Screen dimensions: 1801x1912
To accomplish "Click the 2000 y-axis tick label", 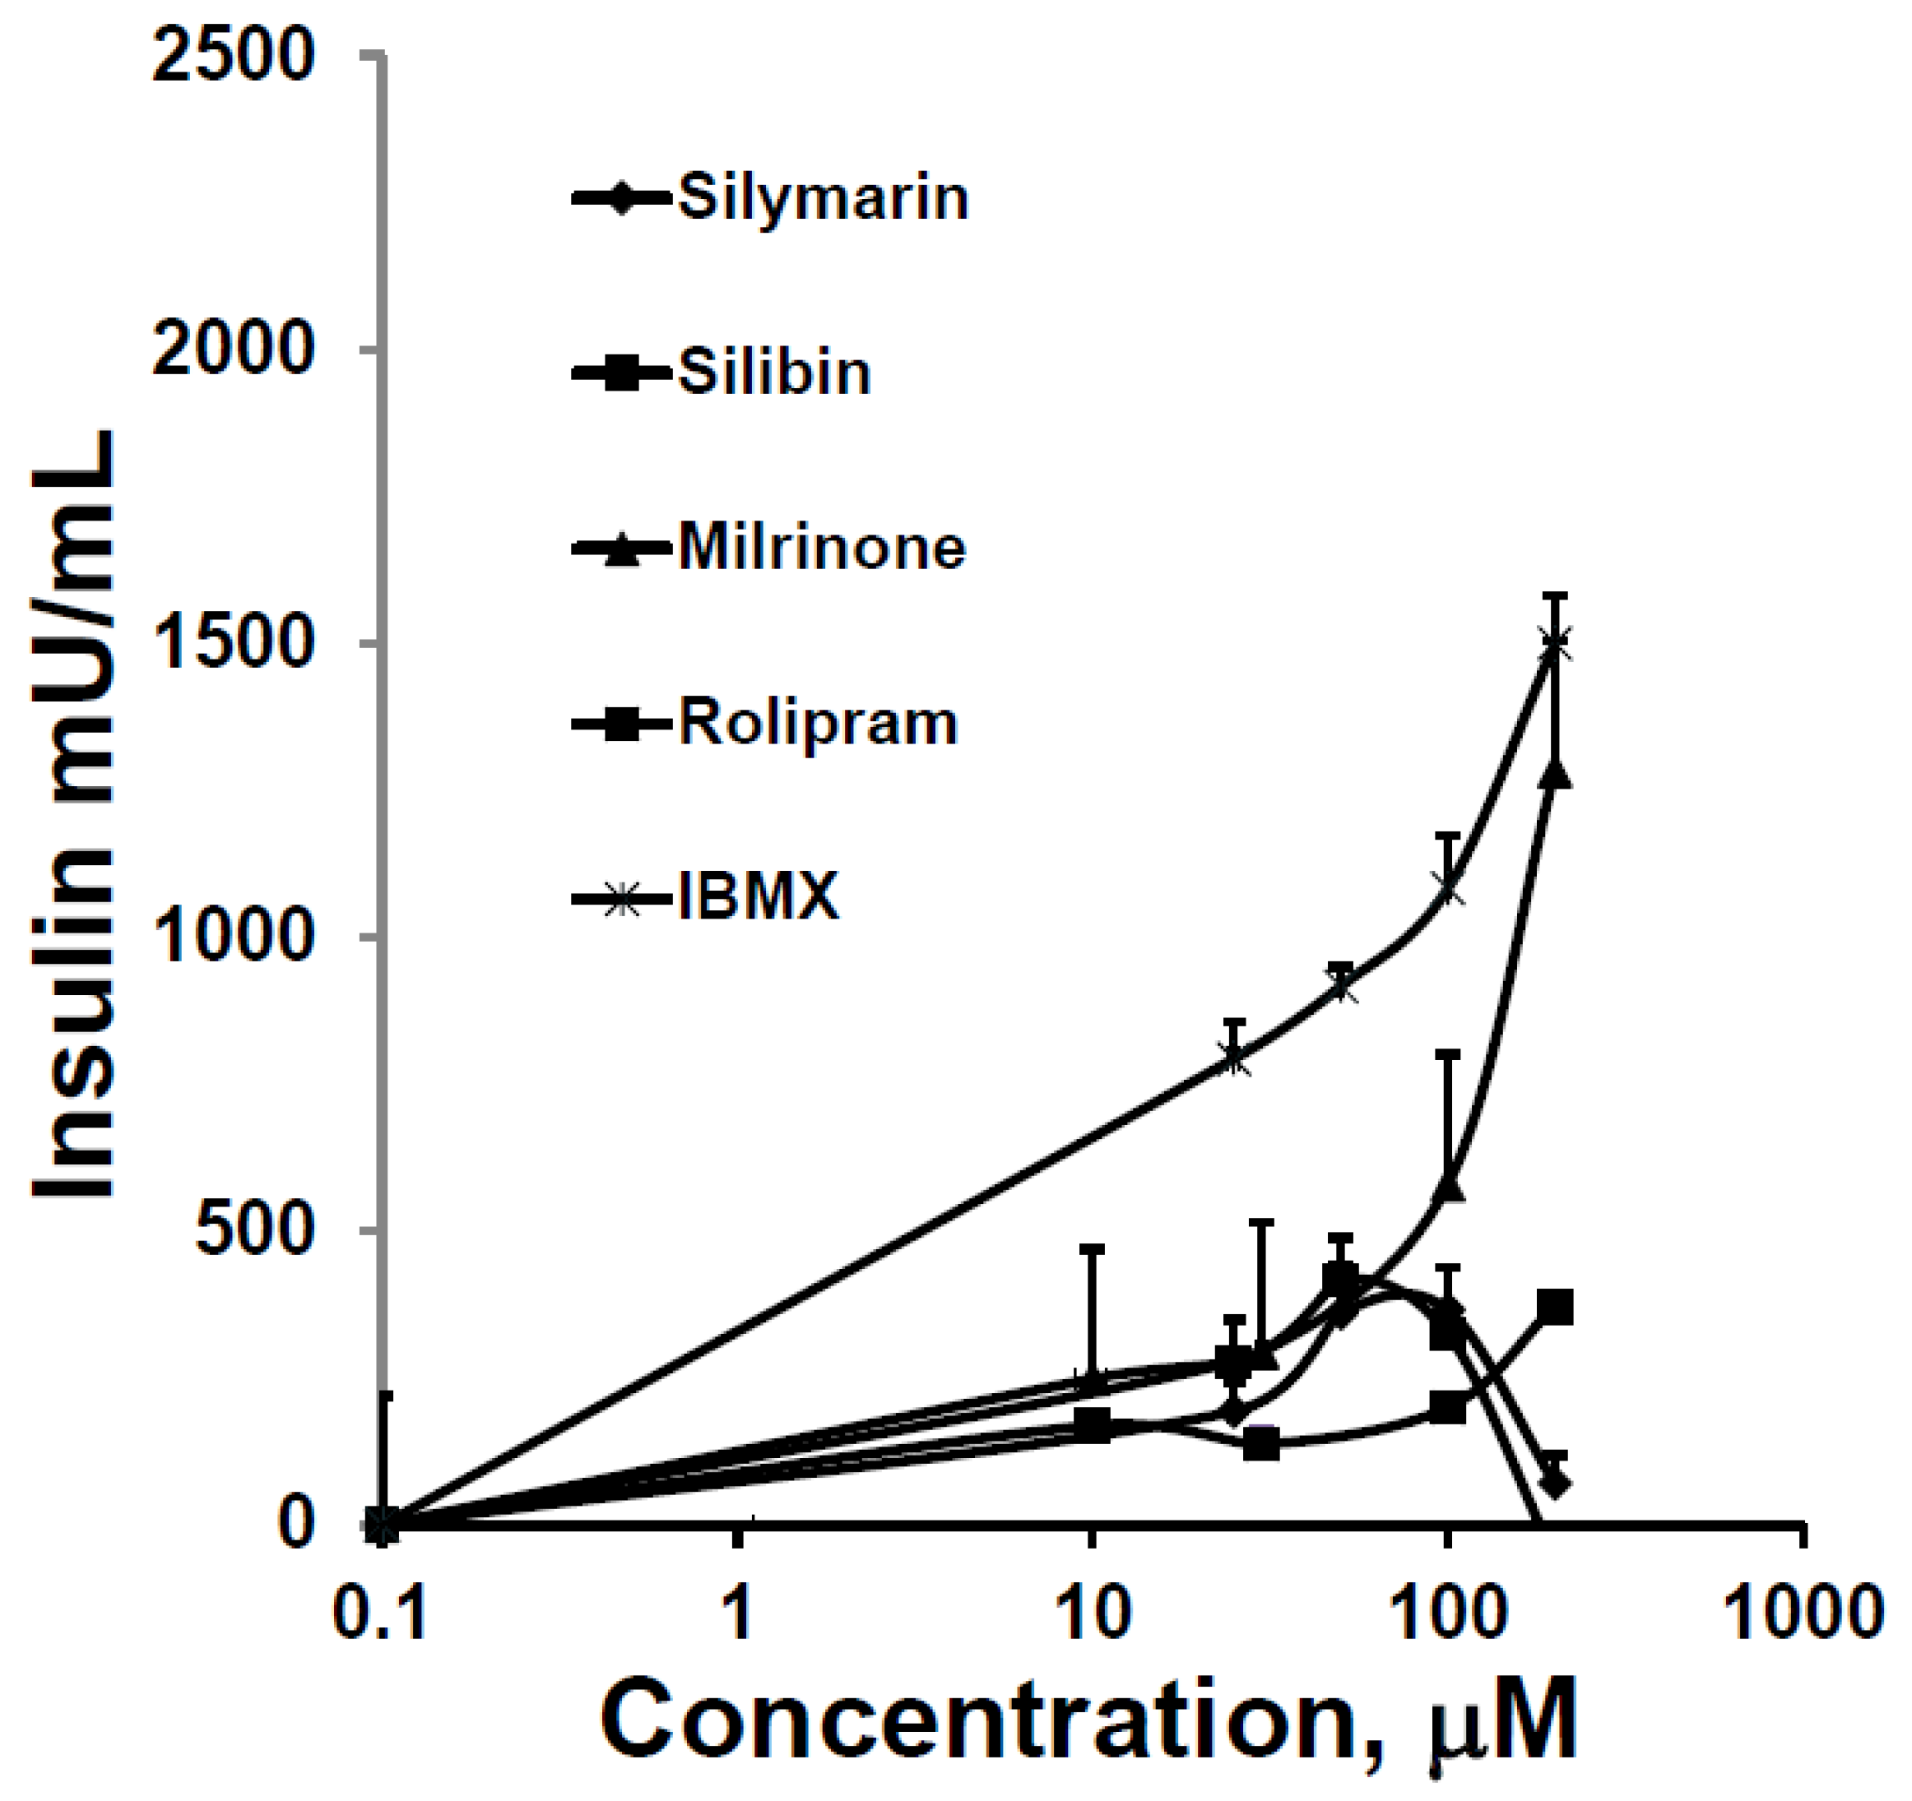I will click(x=234, y=350).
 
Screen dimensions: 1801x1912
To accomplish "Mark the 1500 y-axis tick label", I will click(x=234, y=643).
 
